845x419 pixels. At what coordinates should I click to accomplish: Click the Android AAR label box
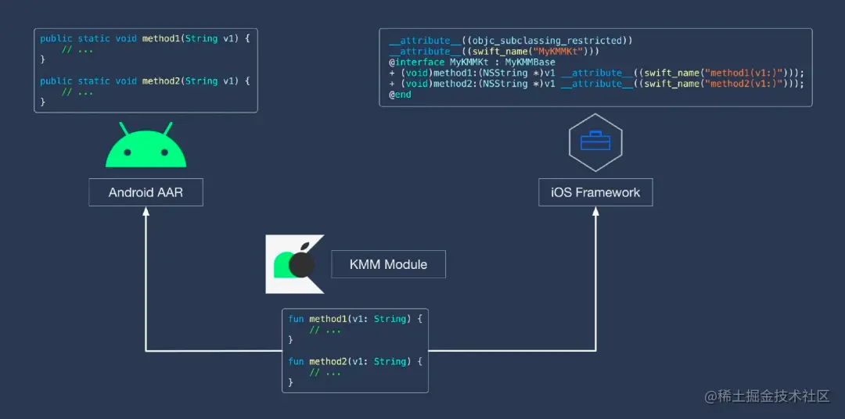[x=146, y=192]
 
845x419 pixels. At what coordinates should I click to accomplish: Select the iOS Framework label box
[x=595, y=192]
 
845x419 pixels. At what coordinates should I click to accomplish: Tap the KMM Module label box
[x=389, y=264]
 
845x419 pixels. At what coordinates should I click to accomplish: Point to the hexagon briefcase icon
[x=595, y=142]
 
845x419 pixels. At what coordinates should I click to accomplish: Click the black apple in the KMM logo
[x=301, y=265]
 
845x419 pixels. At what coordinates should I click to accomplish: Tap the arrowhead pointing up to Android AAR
[x=146, y=213]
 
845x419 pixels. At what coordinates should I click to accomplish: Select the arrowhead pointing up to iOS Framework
[x=595, y=213]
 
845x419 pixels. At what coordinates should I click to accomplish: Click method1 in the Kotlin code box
[x=328, y=319]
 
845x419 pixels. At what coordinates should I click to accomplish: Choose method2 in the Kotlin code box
[x=328, y=361]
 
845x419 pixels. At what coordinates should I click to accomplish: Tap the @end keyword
[x=400, y=95]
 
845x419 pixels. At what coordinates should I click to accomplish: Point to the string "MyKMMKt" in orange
[x=552, y=51]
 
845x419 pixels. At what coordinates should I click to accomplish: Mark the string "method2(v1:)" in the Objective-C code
[x=743, y=84]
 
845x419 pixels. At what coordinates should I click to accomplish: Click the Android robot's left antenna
[x=123, y=128]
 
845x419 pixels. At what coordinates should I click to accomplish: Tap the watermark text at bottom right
[x=766, y=397]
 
